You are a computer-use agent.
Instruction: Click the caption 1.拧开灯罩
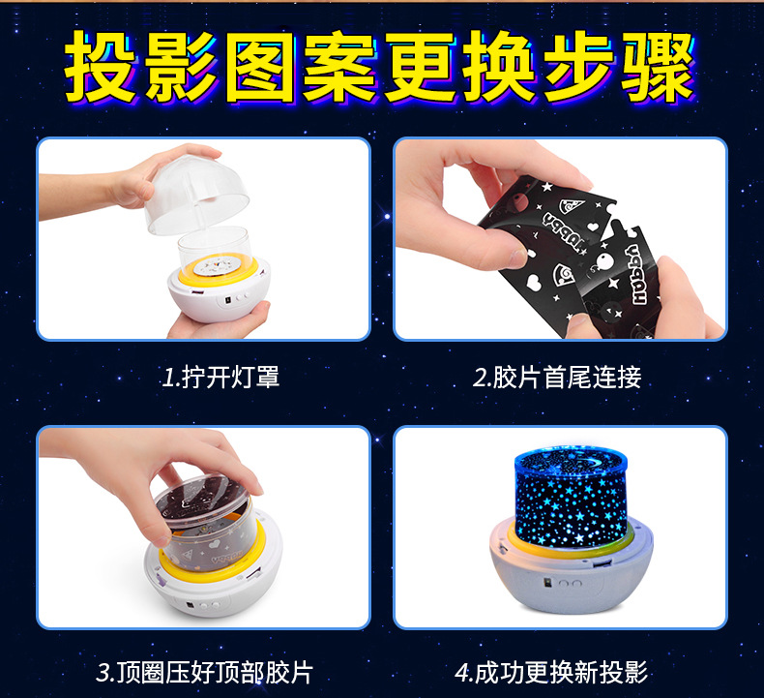pos(220,377)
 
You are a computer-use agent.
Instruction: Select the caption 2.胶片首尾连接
pos(557,377)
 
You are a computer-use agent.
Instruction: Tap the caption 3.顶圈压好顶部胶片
pos(205,672)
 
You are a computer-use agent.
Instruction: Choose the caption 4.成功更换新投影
pos(551,672)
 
